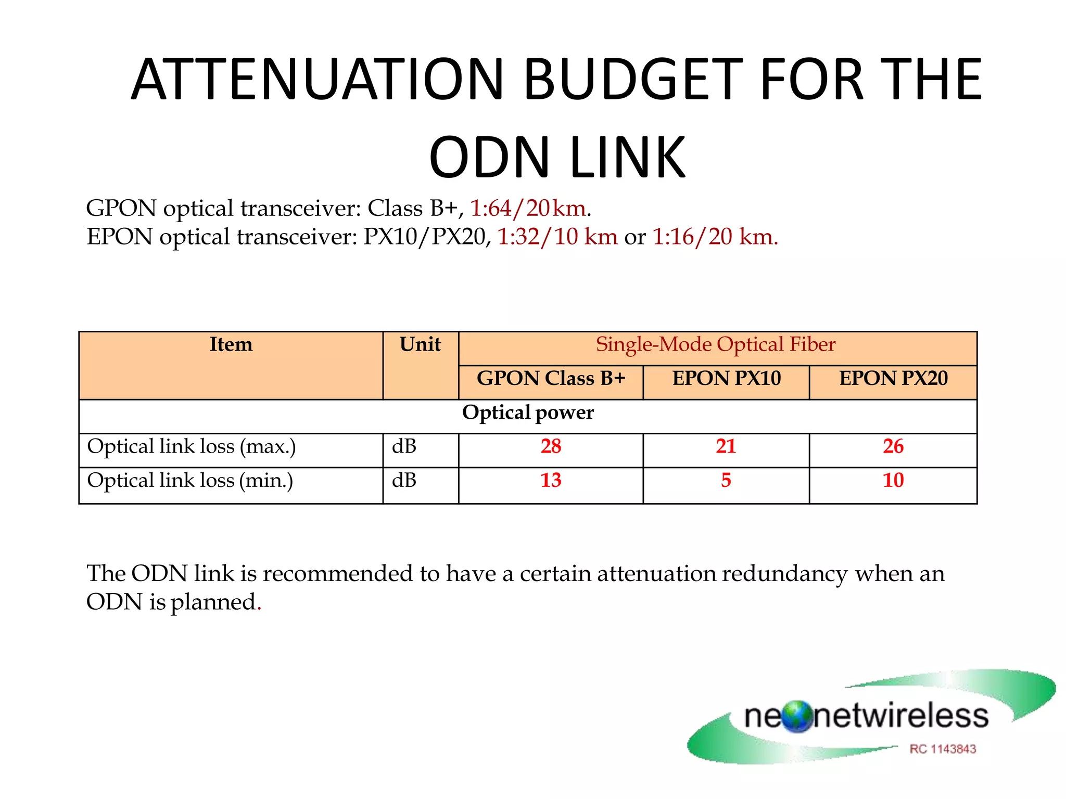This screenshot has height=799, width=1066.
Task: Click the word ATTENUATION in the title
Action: pos(317,80)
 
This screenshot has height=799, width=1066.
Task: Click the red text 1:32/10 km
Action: pos(557,237)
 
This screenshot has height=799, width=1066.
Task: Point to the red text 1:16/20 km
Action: pos(715,237)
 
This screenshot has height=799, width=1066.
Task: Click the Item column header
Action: pos(231,345)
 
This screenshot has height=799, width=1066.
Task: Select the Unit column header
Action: pos(420,345)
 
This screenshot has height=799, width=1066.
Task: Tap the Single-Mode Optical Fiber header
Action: pos(716,345)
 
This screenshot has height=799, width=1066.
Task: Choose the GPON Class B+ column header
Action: pos(551,379)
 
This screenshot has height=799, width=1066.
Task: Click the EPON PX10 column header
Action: pos(726,379)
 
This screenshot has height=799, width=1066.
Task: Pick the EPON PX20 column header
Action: pos(893,379)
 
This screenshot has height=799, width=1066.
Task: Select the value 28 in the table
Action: pos(551,447)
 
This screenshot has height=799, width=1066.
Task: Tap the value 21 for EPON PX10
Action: pos(726,447)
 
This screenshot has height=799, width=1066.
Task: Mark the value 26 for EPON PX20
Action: pos(893,447)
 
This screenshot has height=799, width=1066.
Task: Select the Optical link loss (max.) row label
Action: pos(191,447)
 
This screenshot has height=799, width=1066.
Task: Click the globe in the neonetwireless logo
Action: pos(797,717)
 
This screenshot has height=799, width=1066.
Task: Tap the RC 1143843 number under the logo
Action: pos(943,749)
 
